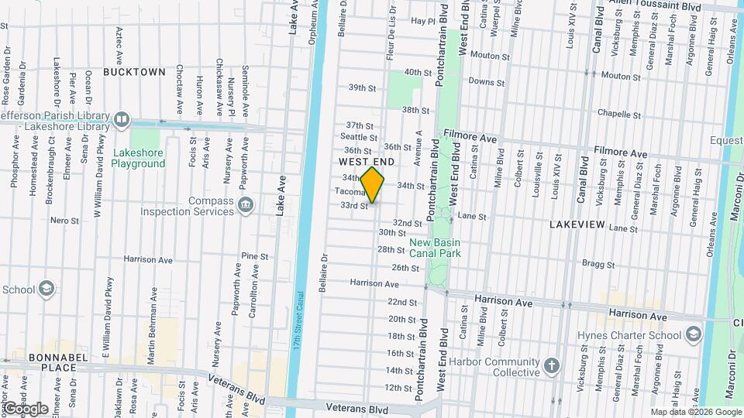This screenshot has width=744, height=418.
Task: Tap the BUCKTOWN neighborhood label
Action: pos(134,72)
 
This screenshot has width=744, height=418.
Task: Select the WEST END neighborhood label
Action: pos(367,162)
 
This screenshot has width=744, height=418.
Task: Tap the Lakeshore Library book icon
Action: pos(121,119)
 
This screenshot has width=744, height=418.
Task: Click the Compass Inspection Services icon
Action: pos(246,205)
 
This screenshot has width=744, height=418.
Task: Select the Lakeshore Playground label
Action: pos(137,158)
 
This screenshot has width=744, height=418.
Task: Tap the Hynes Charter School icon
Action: pos(693,334)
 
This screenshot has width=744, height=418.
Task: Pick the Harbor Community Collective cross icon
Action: pos(551,365)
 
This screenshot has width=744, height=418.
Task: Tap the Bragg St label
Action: pos(598,264)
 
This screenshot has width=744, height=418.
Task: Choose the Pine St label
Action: pos(254,255)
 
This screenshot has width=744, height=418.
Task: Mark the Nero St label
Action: pos(64,221)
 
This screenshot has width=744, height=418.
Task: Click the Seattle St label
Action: pos(358,137)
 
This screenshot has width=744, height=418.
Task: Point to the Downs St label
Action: pos(486,81)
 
